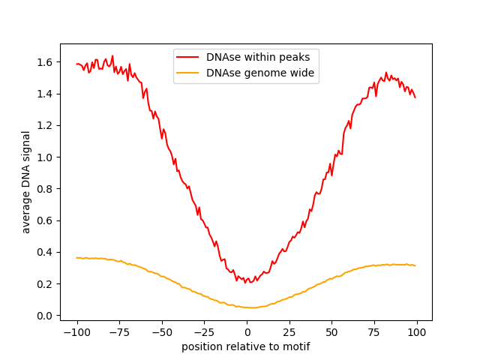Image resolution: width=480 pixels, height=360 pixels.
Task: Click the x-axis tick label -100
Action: pyautogui.click(x=76, y=331)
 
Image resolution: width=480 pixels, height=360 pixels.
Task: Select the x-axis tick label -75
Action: pyautogui.click(x=119, y=331)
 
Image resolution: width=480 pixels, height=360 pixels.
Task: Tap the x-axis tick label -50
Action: pyautogui.click(x=162, y=331)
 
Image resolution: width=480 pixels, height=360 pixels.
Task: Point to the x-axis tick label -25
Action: pyautogui.click(x=204, y=331)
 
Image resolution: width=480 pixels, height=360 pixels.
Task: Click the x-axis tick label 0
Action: pyautogui.click(x=247, y=331)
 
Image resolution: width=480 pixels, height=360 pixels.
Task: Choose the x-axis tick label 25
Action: pyautogui.click(x=289, y=331)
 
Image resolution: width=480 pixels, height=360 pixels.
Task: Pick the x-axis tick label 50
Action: pyautogui.click(x=332, y=331)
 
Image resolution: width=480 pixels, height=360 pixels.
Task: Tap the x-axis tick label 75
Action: pyautogui.click(x=374, y=331)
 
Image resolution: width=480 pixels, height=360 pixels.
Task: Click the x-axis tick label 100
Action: pyautogui.click(x=417, y=331)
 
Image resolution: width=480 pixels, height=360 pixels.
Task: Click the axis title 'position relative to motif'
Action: pyautogui.click(x=246, y=346)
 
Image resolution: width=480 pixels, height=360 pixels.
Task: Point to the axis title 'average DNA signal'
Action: pyautogui.click(x=26, y=182)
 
